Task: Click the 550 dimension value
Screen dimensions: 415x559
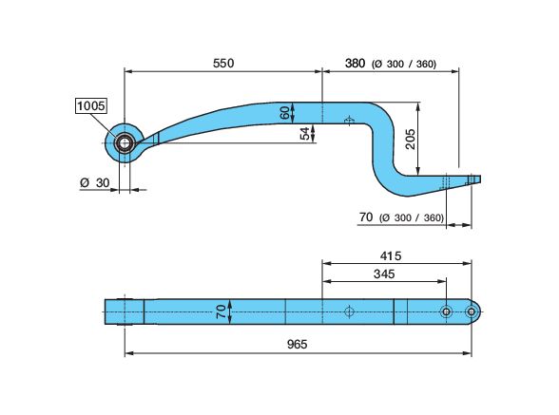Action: click(x=222, y=63)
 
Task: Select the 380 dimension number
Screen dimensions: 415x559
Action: click(x=354, y=64)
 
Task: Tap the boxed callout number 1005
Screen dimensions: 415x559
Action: click(x=92, y=106)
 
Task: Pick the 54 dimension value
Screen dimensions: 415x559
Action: click(x=304, y=133)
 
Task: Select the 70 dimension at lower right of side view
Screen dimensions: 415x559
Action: click(x=365, y=217)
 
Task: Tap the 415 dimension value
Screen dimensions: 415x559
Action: click(x=391, y=255)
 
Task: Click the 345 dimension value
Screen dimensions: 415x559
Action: click(x=383, y=274)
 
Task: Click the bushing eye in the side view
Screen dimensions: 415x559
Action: click(x=125, y=143)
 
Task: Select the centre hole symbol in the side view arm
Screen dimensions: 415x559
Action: click(x=350, y=121)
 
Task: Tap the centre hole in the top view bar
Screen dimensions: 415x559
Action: click(x=350, y=311)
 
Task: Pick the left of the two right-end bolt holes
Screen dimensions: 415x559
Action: click(x=444, y=311)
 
